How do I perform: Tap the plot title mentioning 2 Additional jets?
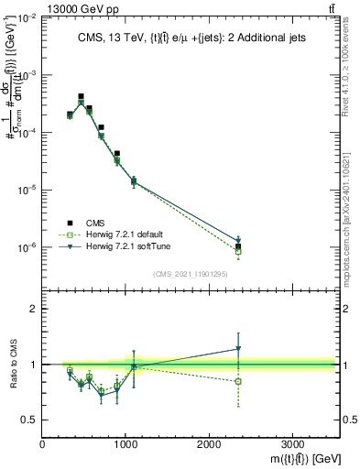pyautogui.click(x=190, y=38)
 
